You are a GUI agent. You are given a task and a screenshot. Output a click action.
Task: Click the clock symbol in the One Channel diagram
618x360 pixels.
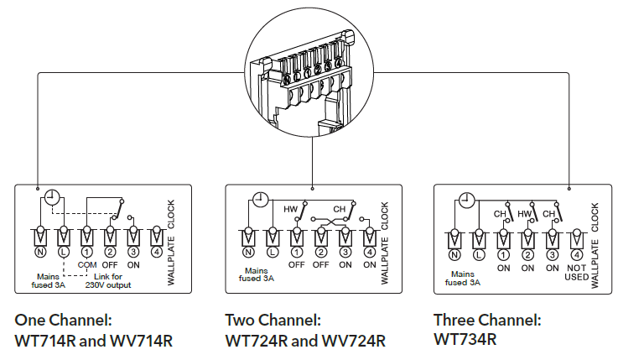click(52, 199)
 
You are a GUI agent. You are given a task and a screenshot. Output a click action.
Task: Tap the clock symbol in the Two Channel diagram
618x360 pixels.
click(260, 200)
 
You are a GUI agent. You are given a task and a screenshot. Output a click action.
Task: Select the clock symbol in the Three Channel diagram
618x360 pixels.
click(467, 200)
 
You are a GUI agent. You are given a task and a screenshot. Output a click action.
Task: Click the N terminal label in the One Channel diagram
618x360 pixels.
click(39, 251)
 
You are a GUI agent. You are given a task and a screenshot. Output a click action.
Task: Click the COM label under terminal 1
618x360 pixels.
click(86, 264)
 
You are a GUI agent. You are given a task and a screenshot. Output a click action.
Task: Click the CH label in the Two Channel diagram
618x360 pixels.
click(340, 208)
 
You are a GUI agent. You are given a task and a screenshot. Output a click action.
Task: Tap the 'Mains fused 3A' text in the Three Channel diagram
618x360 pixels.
click(463, 278)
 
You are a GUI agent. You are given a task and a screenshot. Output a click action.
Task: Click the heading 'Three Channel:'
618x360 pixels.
click(486, 320)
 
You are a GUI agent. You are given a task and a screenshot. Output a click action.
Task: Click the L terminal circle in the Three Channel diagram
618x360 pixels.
click(479, 253)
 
